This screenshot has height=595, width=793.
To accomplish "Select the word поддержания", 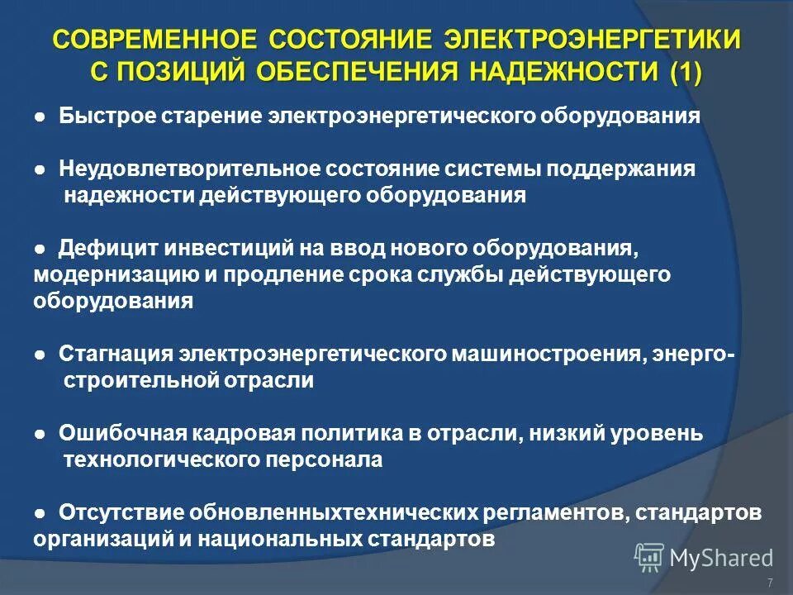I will pyautogui.click(x=632, y=169).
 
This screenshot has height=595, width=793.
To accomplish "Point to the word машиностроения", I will pyautogui.click(x=545, y=354).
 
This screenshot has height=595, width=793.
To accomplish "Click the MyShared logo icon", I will pyautogui.click(x=648, y=558).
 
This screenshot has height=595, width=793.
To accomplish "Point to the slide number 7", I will pyautogui.click(x=770, y=583).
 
